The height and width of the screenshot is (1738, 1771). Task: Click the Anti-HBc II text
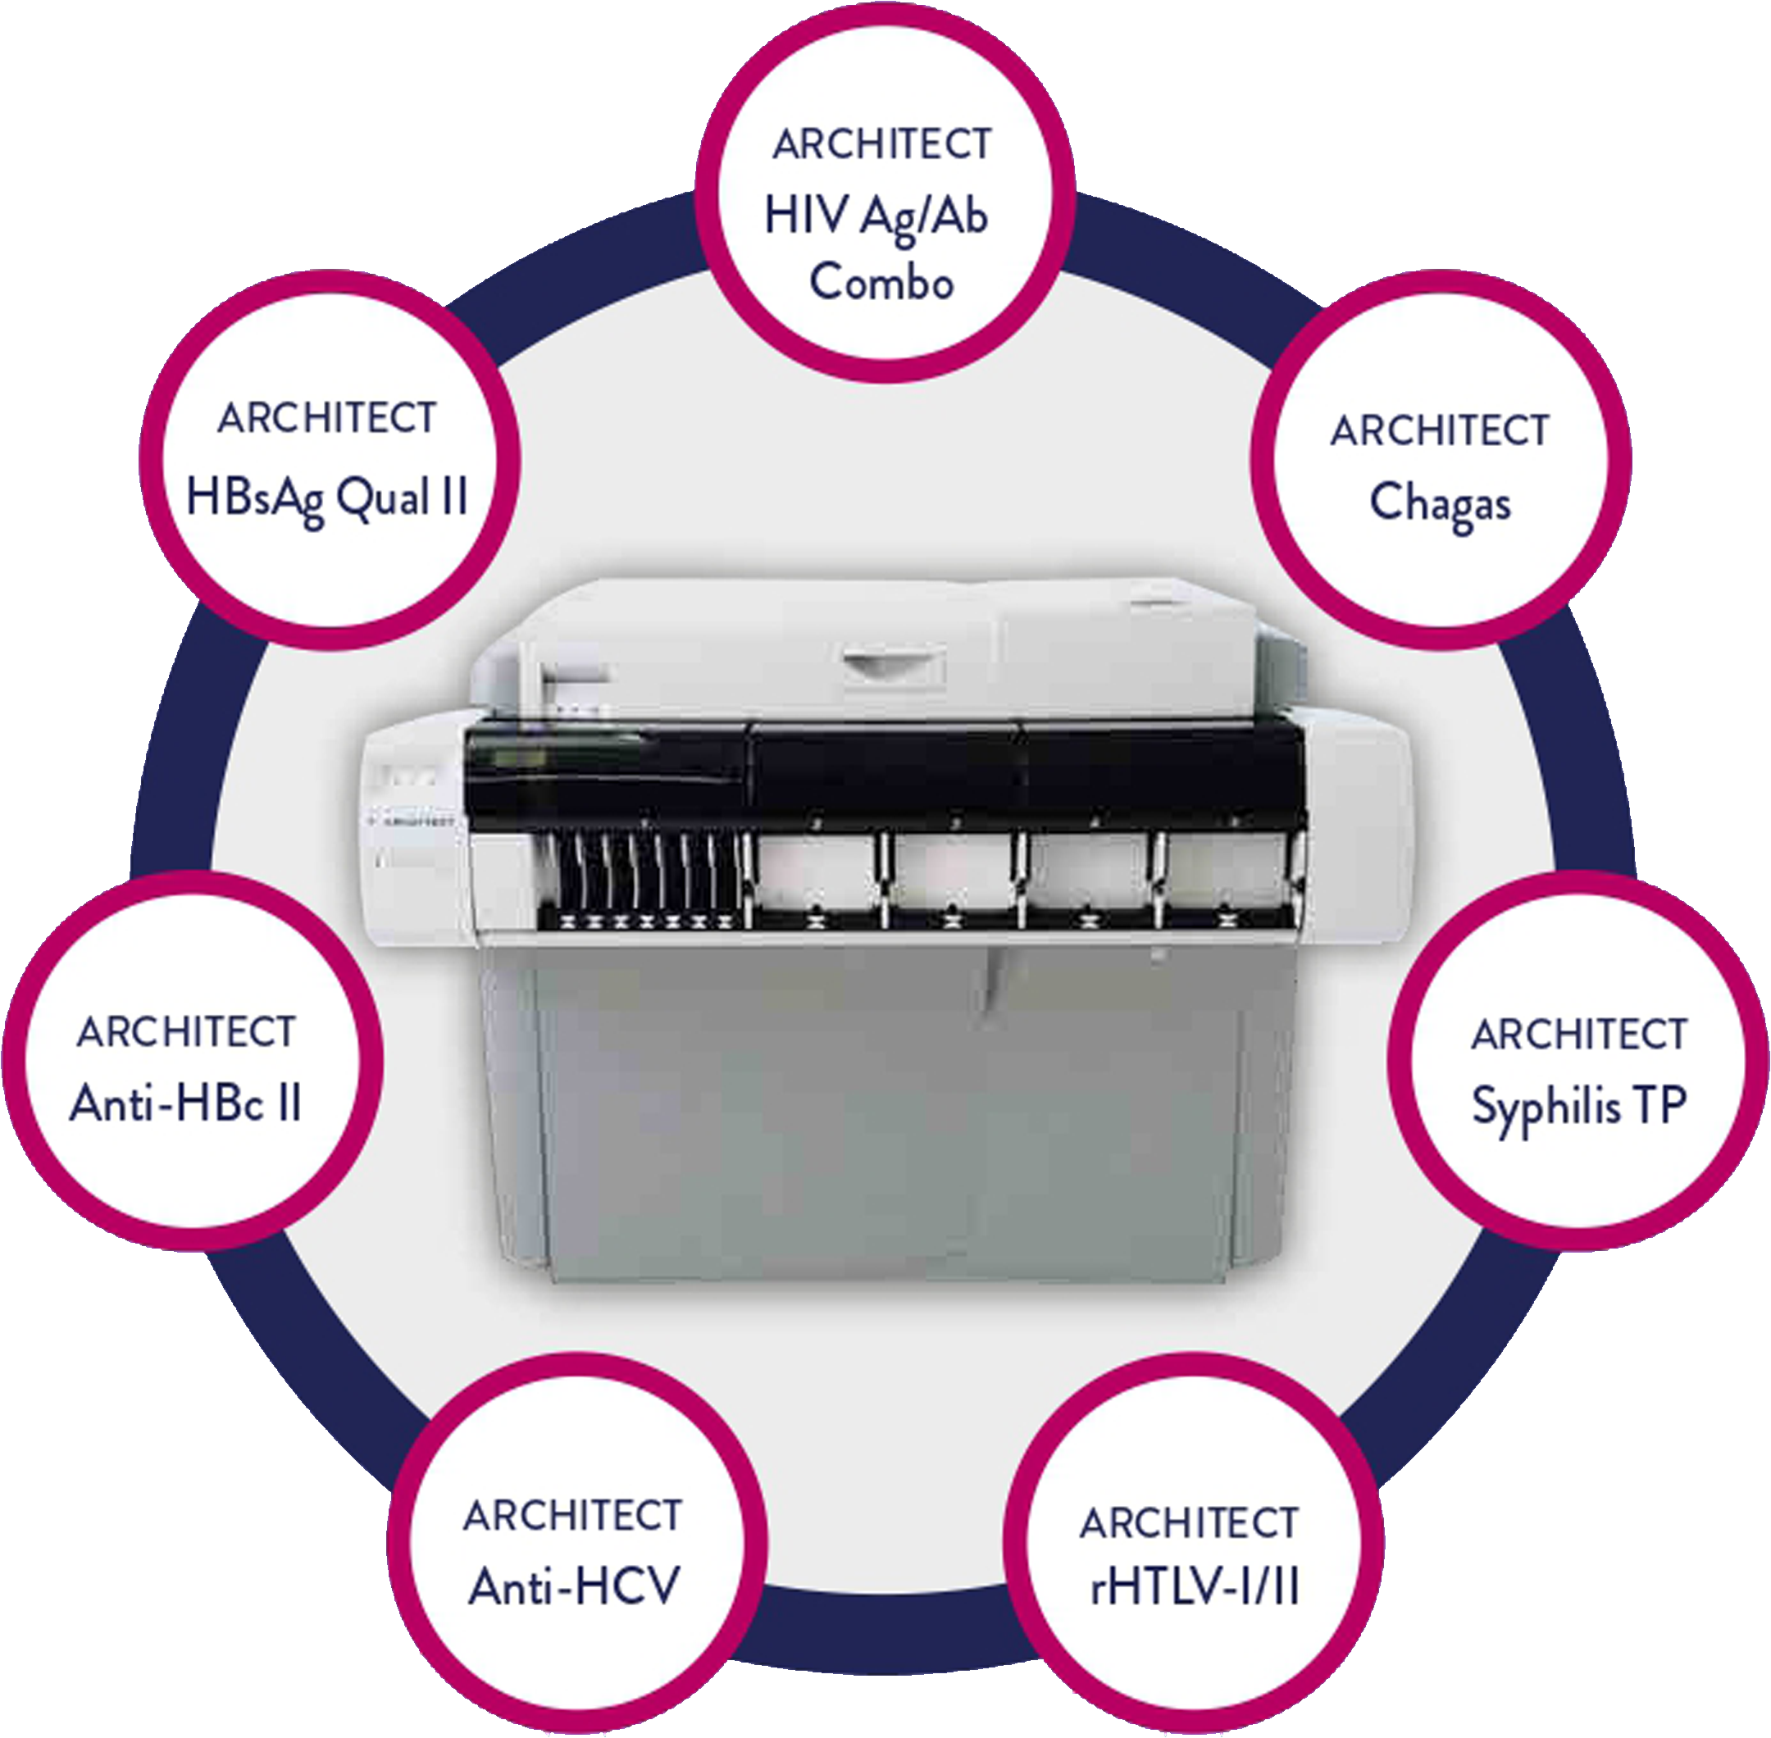(185, 1103)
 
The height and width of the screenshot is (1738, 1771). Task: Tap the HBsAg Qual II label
(327, 499)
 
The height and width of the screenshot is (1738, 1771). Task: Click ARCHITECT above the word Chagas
(1440, 431)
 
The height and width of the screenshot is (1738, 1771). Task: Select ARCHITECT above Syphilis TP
(1579, 1035)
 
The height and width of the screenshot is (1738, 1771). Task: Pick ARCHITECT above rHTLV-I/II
(1189, 1523)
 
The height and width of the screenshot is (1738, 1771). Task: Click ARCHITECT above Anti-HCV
(572, 1516)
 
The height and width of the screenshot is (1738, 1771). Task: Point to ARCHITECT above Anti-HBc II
(186, 1032)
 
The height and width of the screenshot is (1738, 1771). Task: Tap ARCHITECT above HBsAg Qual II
(327, 418)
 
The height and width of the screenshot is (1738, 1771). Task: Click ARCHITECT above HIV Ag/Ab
(882, 144)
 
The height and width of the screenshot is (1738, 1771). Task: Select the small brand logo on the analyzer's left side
(410, 821)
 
